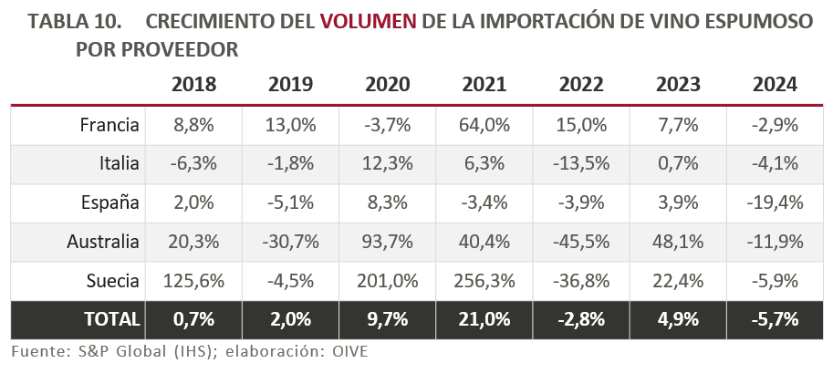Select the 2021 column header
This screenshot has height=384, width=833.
(484, 85)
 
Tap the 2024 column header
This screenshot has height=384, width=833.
(775, 85)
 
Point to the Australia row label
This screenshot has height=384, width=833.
(103, 242)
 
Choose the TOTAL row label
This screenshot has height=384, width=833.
(112, 319)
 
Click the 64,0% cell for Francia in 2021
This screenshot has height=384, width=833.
(484, 125)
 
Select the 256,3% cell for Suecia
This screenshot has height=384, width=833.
(484, 280)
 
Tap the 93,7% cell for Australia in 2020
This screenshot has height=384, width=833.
(387, 242)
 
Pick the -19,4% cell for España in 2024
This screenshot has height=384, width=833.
(775, 202)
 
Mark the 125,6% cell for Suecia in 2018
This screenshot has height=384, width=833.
(193, 280)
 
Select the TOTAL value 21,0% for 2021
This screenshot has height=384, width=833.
(484, 319)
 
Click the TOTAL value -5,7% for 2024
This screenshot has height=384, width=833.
(775, 319)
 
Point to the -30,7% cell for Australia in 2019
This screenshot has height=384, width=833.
(290, 242)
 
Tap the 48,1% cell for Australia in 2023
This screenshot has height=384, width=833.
(678, 242)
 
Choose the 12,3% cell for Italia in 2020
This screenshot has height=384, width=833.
(387, 164)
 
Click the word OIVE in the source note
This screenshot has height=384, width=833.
(349, 350)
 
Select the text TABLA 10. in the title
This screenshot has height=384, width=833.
(69, 22)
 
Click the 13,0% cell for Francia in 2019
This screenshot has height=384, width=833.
(290, 125)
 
